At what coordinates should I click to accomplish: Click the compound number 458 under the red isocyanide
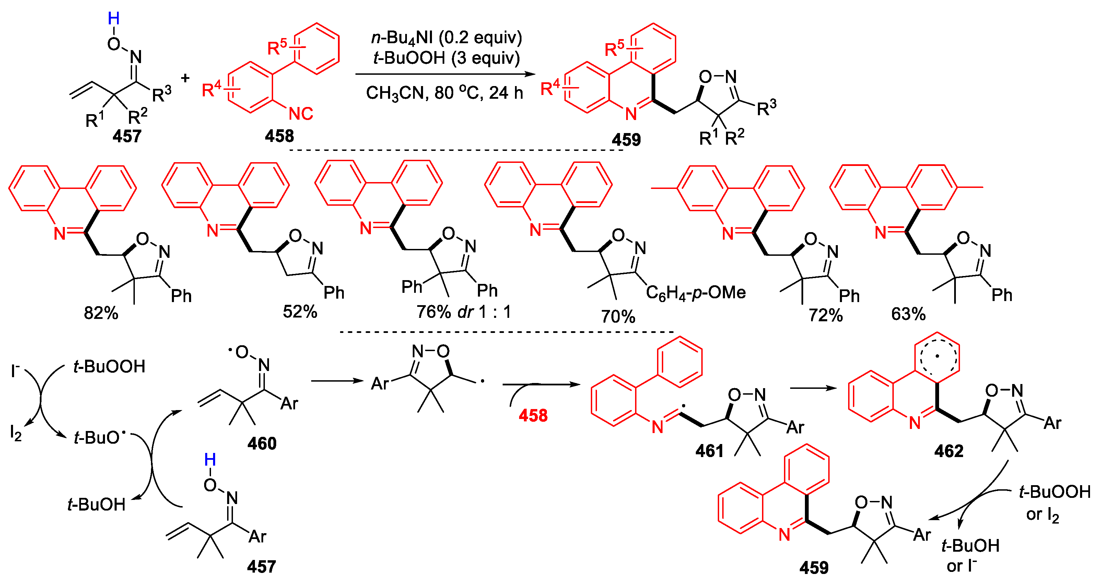click(x=279, y=136)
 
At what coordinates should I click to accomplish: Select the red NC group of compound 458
click(x=301, y=113)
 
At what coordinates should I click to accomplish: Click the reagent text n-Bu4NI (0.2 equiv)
click(x=446, y=38)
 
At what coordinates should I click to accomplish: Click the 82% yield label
click(x=101, y=313)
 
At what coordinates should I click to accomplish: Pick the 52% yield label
click(x=300, y=311)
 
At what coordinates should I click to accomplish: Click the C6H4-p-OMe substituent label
click(x=695, y=293)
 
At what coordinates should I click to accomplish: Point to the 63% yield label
click(x=908, y=314)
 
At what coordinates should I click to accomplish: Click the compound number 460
click(x=261, y=443)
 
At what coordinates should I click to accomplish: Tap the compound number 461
click(x=709, y=451)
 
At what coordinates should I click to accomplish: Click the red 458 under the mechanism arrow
click(x=533, y=415)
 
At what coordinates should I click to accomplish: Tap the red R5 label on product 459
click(x=614, y=48)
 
